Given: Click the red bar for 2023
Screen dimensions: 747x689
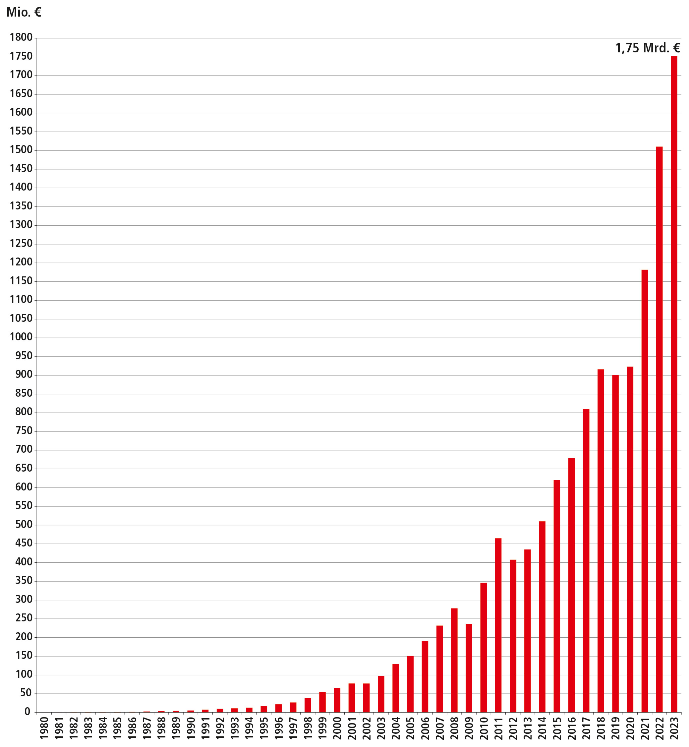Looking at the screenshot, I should (674, 384).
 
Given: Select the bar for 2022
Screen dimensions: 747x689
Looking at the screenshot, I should (659, 429).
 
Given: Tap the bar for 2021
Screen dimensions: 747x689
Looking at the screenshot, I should (645, 490).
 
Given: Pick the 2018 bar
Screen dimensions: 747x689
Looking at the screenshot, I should (601, 541).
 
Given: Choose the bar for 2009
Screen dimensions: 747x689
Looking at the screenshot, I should (469, 668).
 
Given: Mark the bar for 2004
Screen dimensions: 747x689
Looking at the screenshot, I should (396, 688).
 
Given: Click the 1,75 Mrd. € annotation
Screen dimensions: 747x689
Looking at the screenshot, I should (648, 48).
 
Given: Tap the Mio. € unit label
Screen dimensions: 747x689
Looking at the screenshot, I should (24, 12).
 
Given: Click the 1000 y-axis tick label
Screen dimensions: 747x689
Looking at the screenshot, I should (21, 337).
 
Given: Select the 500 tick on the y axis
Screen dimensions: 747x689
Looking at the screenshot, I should (24, 525).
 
